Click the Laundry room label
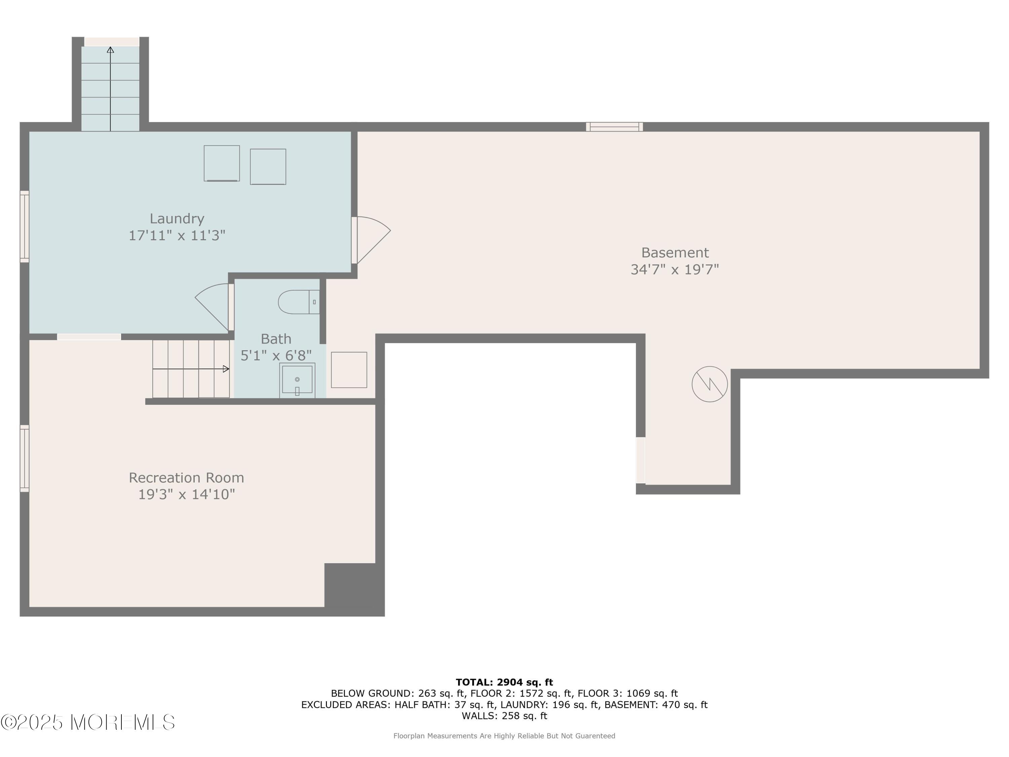177,219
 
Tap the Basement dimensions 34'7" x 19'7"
675,269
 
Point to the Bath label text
276,339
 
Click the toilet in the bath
299,302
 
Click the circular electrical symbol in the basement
709,384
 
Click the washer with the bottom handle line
222,164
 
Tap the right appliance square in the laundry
268,167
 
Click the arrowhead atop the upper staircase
110,50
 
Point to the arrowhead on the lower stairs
226,369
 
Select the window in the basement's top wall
614,127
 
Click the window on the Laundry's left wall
25,227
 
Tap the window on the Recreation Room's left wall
25,459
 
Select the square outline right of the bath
349,370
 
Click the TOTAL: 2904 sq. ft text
504,682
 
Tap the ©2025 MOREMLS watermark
87,722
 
